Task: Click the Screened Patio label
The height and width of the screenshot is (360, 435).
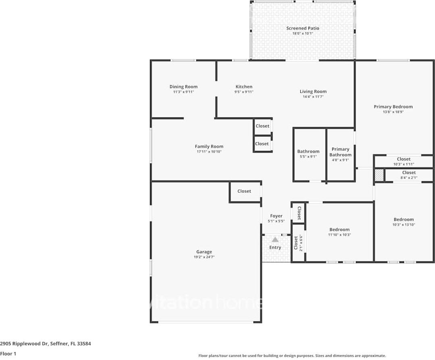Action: [x=302, y=28]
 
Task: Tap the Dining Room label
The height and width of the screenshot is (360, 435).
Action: [x=183, y=87]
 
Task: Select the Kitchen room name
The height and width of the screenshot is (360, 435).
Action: [x=244, y=87]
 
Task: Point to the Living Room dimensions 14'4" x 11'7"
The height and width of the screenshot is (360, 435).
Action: [x=313, y=97]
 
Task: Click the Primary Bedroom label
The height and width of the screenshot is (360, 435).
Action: [x=393, y=107]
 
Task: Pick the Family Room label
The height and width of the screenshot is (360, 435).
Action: [x=209, y=147]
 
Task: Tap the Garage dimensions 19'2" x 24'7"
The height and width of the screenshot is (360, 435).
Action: [x=204, y=257]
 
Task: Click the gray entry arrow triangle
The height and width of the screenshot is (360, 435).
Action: [x=275, y=240]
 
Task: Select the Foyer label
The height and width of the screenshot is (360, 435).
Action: [x=276, y=216]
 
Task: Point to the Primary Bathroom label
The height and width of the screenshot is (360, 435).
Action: [x=340, y=152]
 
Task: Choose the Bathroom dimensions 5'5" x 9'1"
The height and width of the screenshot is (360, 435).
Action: [x=308, y=157]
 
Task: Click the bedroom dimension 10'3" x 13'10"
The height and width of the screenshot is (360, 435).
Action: [x=404, y=225]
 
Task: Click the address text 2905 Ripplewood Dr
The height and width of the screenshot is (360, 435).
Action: [x=24, y=344]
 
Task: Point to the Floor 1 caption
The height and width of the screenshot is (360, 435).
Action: [x=8, y=354]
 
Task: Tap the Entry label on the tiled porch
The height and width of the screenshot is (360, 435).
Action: [x=275, y=247]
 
